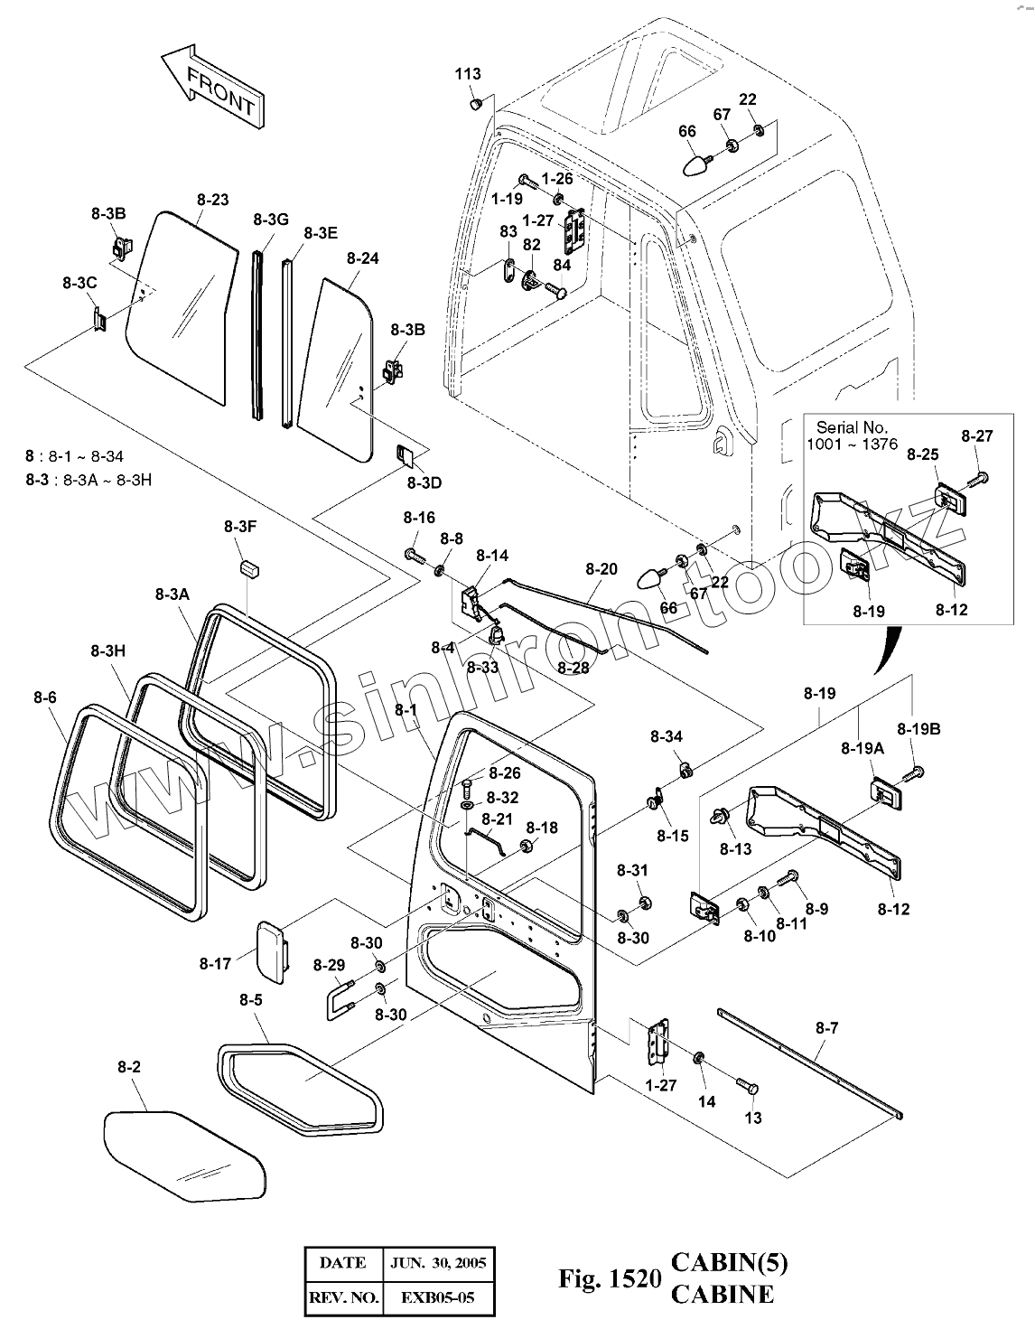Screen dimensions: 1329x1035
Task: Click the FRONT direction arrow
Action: pos(211,89)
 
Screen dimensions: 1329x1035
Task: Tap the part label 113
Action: pos(468,74)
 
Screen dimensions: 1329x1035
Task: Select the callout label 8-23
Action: pos(212,200)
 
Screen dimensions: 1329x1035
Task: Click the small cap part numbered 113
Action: pos(474,105)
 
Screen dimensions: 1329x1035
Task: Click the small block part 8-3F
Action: pos(249,567)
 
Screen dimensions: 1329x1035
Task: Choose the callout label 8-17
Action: pos(215,964)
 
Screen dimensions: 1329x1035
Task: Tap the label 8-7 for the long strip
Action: pos(826,1027)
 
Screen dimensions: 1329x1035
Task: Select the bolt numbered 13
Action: pos(747,1086)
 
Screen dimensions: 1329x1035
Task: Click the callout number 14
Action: pos(706,1101)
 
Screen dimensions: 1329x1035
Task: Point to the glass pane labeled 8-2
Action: pos(185,1156)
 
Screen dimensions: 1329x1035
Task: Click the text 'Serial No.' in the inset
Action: pos(852,427)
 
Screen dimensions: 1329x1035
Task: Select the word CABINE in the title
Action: pos(722,1294)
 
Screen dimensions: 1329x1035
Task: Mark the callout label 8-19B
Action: pos(918,728)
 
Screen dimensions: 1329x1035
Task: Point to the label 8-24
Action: pos(362,258)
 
